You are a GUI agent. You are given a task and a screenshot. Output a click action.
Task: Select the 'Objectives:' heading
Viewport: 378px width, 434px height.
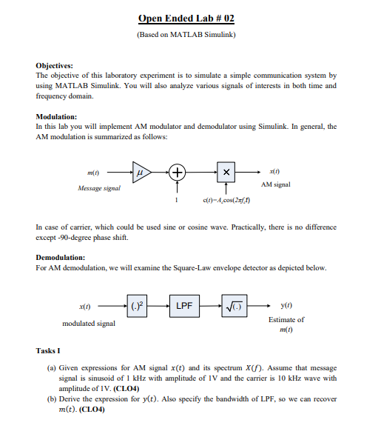[54, 65]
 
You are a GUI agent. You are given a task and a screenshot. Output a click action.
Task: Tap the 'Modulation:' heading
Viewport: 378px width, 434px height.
[56, 117]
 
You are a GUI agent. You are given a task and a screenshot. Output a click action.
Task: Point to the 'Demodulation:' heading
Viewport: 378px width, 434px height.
[61, 258]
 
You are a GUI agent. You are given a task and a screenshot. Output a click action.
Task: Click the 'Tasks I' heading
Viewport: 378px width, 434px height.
[50, 350]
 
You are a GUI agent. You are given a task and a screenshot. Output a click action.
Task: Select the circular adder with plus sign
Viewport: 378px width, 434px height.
[178, 172]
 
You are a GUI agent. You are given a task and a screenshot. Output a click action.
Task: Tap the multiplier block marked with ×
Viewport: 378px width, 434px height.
[227, 172]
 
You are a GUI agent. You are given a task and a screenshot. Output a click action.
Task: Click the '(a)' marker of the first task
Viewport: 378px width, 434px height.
[51, 367]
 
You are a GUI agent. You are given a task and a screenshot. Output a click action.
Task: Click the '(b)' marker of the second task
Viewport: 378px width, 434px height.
[51, 399]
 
